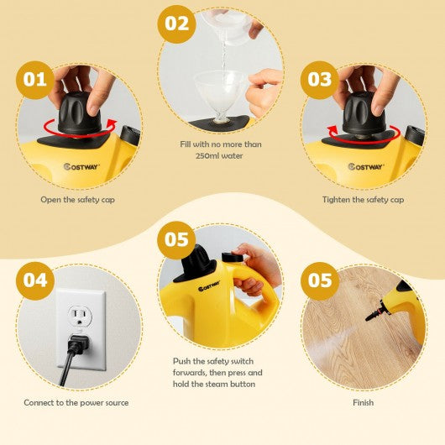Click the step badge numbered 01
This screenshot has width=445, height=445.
click(x=35, y=80)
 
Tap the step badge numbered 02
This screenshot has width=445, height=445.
click(x=176, y=24)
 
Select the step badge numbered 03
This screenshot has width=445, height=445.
click(x=320, y=80)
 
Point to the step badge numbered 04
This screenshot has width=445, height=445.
click(x=35, y=281)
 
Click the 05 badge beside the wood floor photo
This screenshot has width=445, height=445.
click(x=320, y=281)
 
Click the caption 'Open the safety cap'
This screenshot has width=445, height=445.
click(x=77, y=200)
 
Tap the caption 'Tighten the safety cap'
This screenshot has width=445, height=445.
click(x=363, y=200)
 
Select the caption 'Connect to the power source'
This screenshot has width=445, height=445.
click(x=76, y=403)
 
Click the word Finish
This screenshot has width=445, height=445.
click(x=363, y=402)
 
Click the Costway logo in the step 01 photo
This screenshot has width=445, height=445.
click(x=81, y=166)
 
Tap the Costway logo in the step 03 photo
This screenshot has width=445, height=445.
click(x=366, y=166)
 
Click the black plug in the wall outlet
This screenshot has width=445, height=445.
click(x=77, y=345)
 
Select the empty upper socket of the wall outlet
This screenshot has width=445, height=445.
click(x=79, y=317)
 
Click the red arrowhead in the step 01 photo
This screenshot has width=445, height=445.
click(x=113, y=124)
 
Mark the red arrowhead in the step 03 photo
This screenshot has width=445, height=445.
click(x=332, y=131)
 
